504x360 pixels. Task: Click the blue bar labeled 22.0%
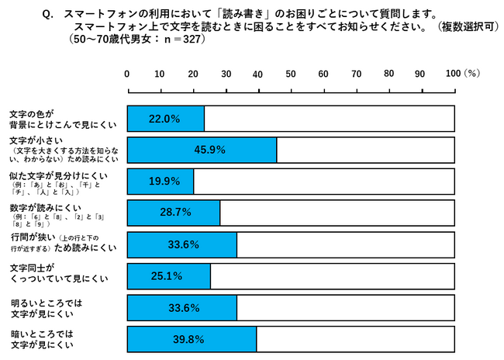pos(165,119)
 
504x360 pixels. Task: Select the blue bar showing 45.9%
pos(202,150)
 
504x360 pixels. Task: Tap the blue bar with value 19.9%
pos(161,181)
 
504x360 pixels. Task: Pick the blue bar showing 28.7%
pos(174,213)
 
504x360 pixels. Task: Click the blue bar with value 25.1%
pos(169,275)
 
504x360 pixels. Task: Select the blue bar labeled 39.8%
pos(192,339)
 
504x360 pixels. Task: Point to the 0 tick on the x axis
pos(127,74)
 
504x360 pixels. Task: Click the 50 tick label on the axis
pos(291,74)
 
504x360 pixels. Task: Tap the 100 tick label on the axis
pos(454,74)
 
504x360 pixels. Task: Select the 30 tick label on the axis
pos(226,74)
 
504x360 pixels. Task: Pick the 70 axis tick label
pos(356,74)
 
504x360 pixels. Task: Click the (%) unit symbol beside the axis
pos(473,74)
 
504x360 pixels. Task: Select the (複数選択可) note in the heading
pos(469,26)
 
